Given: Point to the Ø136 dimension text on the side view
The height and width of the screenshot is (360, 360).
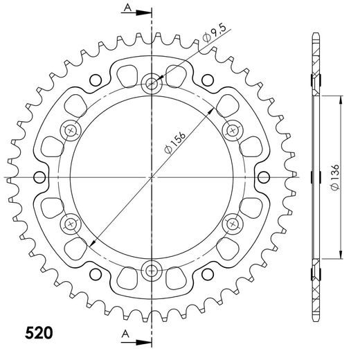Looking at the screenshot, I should click(x=335, y=177).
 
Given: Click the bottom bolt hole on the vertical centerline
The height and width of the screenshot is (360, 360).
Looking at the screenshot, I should click(x=152, y=269).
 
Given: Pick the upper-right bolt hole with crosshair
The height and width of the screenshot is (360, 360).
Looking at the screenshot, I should click(x=232, y=130).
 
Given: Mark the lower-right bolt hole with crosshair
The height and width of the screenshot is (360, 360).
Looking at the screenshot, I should click(x=232, y=223).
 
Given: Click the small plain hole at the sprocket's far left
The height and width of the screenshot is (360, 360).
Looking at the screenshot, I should click(x=39, y=177).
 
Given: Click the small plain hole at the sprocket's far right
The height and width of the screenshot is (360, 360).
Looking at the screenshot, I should click(x=264, y=177).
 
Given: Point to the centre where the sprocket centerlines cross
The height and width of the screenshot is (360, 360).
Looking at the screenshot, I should click(x=152, y=177).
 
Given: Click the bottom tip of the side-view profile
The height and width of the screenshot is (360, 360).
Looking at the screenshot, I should click(x=315, y=320).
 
